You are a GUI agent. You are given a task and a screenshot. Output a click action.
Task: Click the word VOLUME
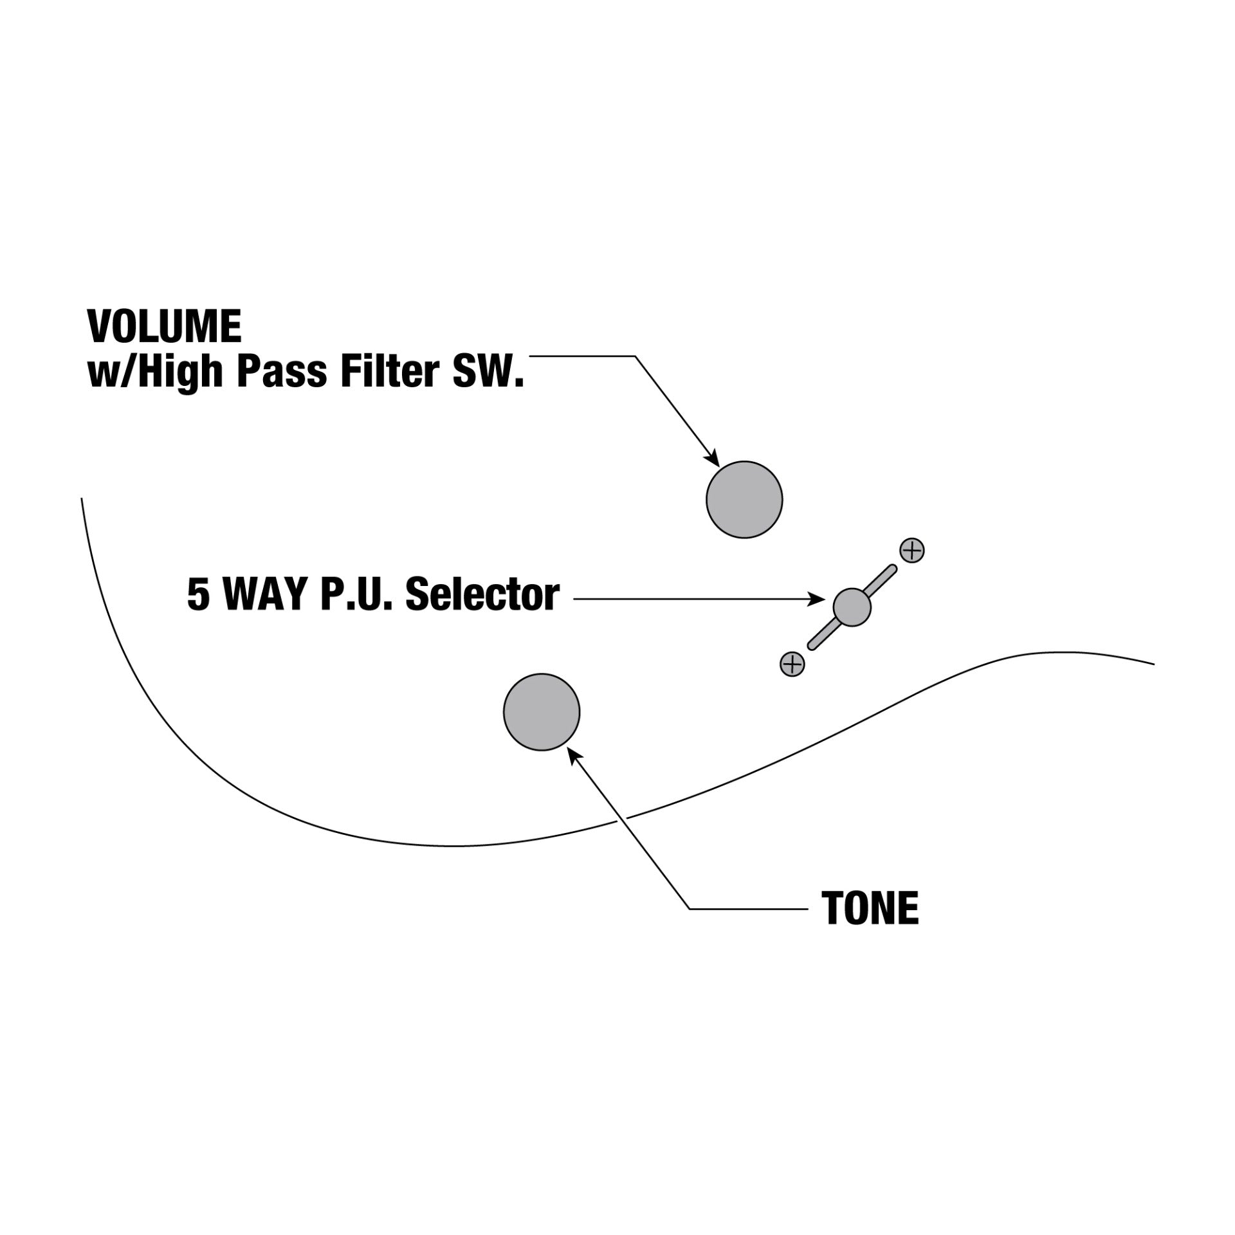click(165, 327)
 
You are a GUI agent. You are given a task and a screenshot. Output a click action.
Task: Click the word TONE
click(870, 908)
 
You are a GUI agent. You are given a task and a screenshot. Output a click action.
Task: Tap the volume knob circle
click(744, 499)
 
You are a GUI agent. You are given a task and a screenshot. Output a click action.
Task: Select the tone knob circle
click(542, 711)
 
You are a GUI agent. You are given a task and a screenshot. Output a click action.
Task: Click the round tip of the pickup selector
click(852, 607)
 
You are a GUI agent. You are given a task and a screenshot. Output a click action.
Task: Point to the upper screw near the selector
click(912, 551)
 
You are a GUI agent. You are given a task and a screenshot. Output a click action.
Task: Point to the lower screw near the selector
click(792, 663)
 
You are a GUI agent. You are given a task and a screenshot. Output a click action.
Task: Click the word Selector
click(482, 595)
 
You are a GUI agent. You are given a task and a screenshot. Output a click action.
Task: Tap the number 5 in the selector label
click(198, 596)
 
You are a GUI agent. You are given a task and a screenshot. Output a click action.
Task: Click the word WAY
click(264, 596)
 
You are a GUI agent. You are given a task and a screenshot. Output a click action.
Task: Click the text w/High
click(154, 373)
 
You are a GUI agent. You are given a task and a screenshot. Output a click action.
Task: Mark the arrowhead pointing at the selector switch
click(818, 599)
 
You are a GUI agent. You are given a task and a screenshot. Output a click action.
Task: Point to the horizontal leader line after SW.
click(581, 356)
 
